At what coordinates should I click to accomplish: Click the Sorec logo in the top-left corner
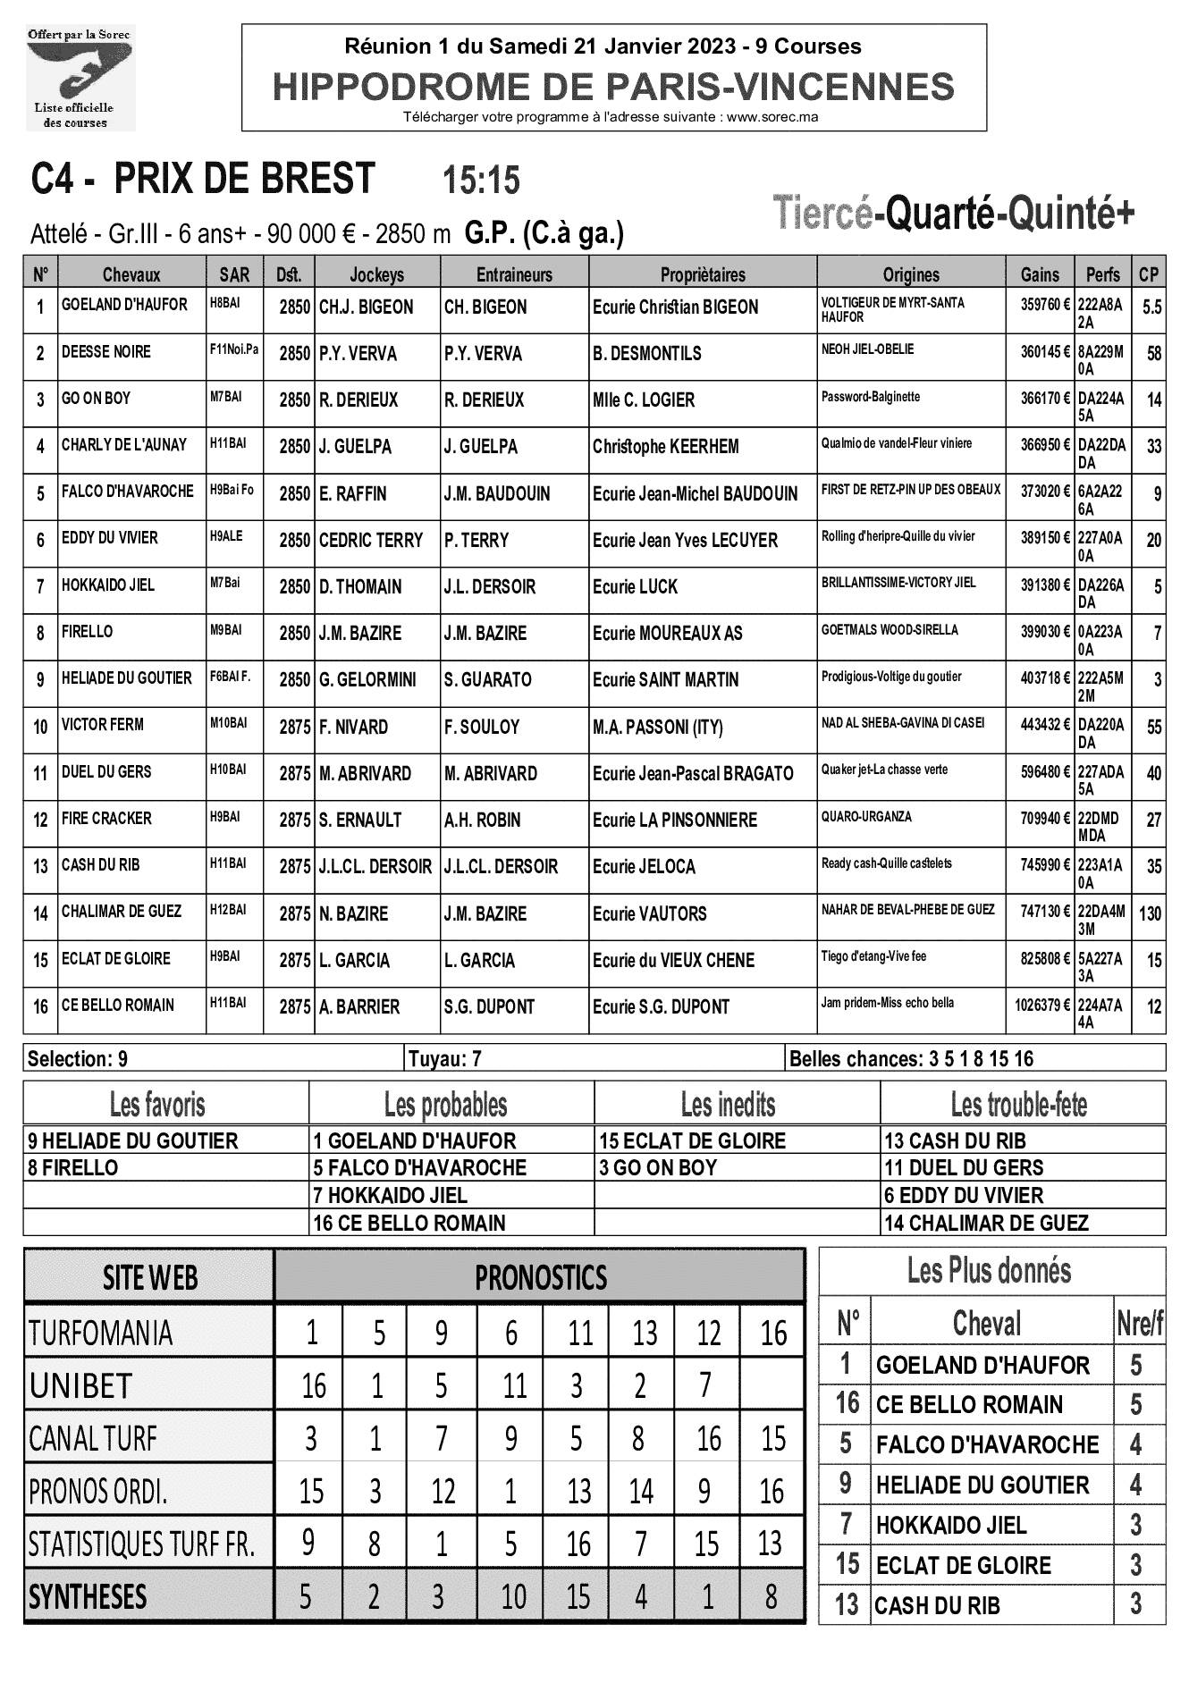[80, 79]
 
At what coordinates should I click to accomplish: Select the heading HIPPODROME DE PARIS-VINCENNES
[613, 88]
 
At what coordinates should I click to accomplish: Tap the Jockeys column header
[376, 274]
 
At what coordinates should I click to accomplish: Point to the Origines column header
[911, 274]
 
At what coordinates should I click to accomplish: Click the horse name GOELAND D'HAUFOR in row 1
[124, 305]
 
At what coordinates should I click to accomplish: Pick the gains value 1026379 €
[1042, 1005]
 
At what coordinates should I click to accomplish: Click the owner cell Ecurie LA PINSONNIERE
[674, 820]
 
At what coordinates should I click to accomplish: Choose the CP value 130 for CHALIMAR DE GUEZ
[1150, 913]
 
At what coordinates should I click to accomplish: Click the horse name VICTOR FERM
[103, 725]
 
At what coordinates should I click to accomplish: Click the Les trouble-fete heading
[1018, 1106]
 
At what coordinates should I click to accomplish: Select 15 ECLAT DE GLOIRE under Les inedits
[693, 1141]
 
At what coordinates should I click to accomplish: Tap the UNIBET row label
[80, 1386]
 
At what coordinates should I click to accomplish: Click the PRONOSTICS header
[540, 1278]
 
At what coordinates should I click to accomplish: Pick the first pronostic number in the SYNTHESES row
[306, 1596]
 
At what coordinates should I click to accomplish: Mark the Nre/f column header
[1139, 1324]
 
